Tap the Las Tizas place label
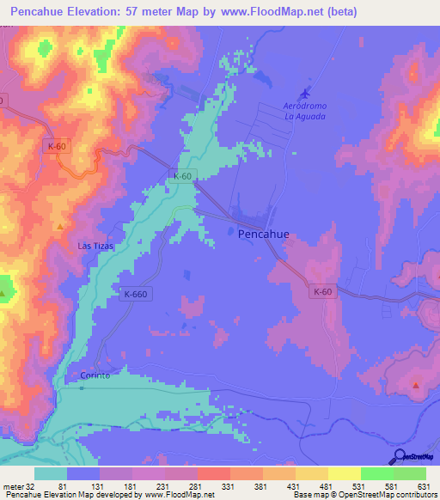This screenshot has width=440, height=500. coord(95,246)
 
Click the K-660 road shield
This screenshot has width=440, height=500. coord(134,293)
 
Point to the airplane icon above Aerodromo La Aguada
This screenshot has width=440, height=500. coord(304,93)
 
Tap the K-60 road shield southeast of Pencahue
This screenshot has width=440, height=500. coord(322,292)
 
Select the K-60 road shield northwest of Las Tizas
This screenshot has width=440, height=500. coord(57,147)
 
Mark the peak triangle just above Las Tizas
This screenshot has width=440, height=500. coord(59,227)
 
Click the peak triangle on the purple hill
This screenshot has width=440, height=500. coord(416,385)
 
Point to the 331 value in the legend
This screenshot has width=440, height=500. coord(227,487)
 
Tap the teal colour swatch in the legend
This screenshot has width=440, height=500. coord(51,473)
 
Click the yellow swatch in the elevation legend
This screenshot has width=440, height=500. coord(345,473)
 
